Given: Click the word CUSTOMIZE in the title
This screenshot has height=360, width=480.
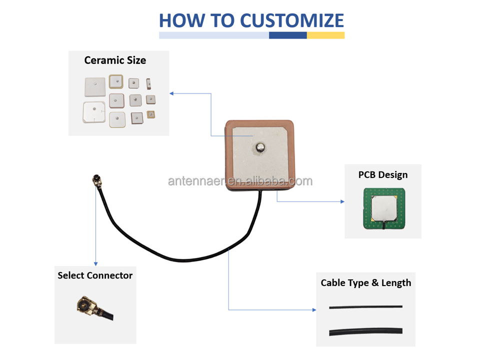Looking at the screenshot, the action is coord(291,20).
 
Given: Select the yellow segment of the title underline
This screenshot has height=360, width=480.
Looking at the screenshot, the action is coord(325,35).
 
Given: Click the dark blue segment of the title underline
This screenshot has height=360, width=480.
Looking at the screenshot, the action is coord(288,35).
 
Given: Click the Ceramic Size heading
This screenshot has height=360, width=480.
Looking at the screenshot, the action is coord(115,60).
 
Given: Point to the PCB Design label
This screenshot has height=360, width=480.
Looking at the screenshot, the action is coord(383,175).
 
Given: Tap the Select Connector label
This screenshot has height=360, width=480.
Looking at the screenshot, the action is coord(95,275).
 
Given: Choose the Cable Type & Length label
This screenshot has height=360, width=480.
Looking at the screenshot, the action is coord(366,283).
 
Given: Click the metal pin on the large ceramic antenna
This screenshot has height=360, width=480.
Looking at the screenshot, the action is coord(260,148).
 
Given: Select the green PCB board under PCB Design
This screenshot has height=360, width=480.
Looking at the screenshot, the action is coord(384,208).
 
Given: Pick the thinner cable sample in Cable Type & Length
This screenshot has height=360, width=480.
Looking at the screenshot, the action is coord(366,306).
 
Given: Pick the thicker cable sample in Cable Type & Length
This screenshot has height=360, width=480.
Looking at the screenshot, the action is coord(366,331).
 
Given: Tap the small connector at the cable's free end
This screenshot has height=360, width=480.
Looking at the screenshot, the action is coord(96,180).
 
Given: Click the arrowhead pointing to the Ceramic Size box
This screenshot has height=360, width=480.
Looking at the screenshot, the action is coord(171,93).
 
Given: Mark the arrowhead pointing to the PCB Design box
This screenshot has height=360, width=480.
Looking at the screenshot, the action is coord(342,201).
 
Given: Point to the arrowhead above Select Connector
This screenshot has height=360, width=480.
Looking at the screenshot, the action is coord(96,264).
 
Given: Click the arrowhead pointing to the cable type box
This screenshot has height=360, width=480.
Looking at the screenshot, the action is coord(314,310).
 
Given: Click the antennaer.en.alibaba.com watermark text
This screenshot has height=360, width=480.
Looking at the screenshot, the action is coord(240,181).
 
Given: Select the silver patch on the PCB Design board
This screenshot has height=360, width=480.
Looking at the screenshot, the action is coord(384,208).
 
